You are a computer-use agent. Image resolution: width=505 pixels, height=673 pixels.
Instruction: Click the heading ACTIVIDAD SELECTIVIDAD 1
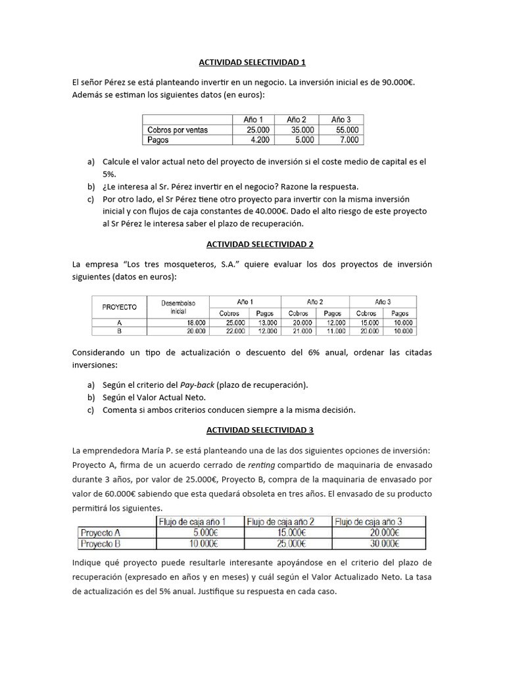(252, 62)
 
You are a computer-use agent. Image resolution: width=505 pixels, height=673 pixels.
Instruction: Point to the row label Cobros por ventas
(178, 130)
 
